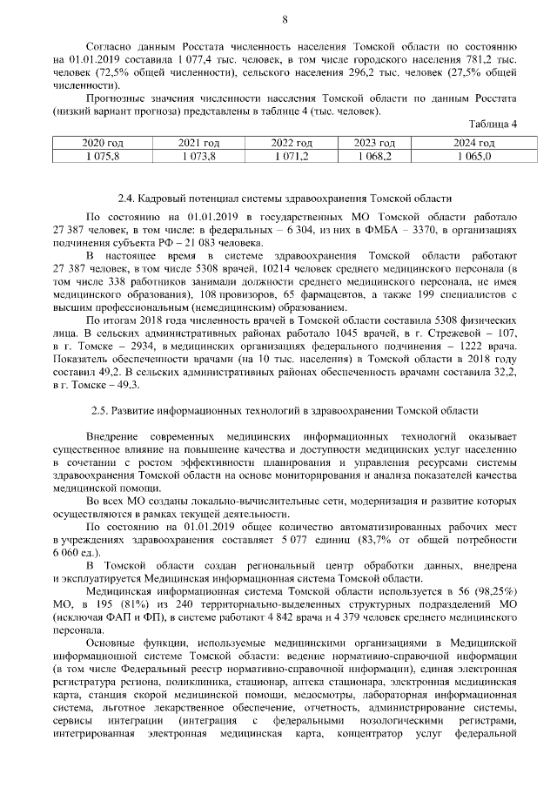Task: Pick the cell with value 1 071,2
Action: [290, 156]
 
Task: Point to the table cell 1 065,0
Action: [474, 156]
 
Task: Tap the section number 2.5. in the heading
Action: [103, 410]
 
